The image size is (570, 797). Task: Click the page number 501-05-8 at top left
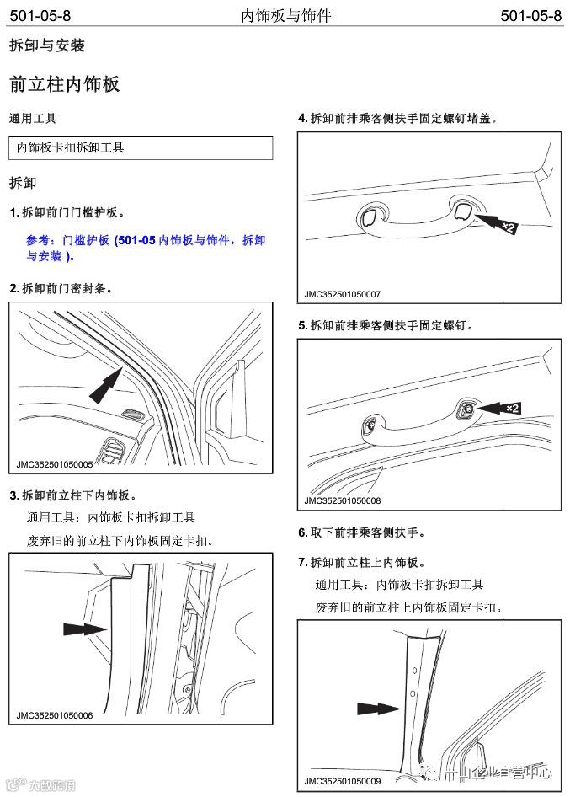pos(40,16)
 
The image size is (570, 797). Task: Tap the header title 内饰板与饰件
pos(285,16)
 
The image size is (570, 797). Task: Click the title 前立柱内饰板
pos(64,84)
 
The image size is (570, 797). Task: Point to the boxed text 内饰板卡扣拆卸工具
pos(71,147)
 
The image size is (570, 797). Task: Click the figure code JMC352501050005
pos(54,463)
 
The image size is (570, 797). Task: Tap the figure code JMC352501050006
pos(54,715)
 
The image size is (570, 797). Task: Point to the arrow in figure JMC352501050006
pos(84,629)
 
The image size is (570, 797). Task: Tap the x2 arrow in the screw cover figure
pos(494,223)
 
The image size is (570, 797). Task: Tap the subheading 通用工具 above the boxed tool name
pos(33,119)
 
